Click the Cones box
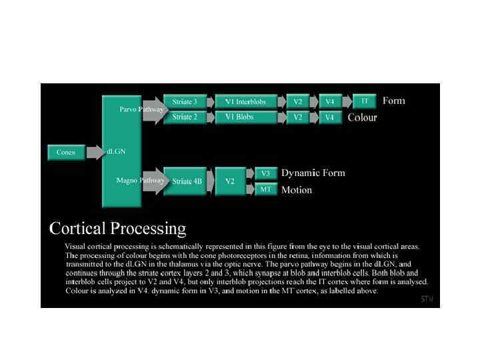coord(66,153)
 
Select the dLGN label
coord(116,151)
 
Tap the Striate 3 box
coord(185,102)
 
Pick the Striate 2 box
coord(185,117)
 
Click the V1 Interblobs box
coord(245,102)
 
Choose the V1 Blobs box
coord(245,117)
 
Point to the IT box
coord(365,101)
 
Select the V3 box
coord(265,173)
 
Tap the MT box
coord(265,189)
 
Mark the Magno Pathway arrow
coord(152,181)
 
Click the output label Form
coord(393,101)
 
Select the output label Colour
coord(362,118)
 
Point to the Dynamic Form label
coord(313,173)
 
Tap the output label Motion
coord(297,190)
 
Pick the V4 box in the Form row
coord(329,102)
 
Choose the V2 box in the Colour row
coord(298,117)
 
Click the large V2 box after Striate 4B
coord(229,181)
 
